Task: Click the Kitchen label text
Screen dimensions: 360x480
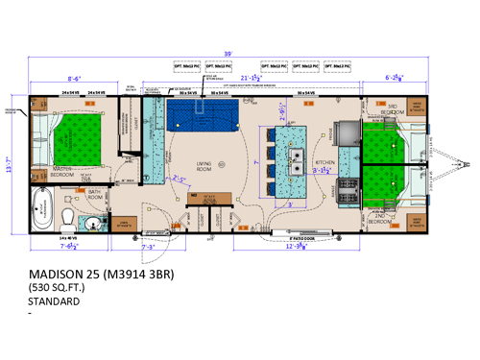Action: [x=325, y=163]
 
